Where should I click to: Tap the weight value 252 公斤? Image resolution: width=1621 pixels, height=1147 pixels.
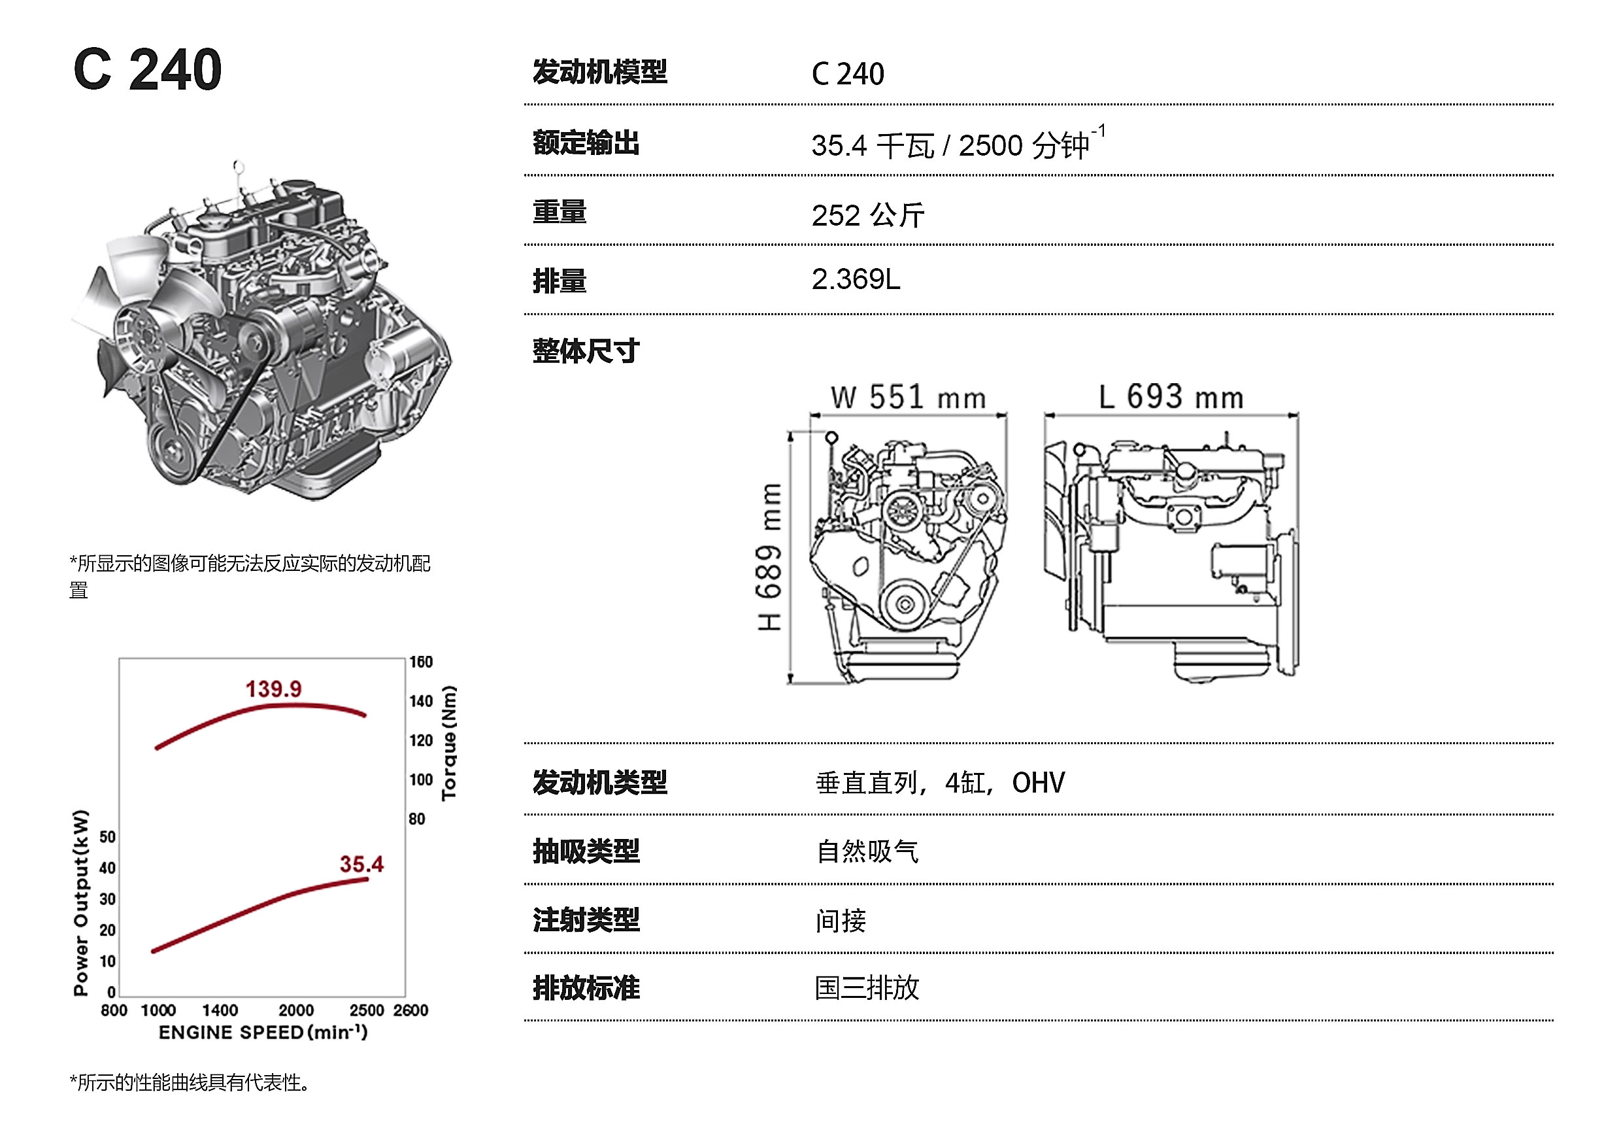[x=867, y=215]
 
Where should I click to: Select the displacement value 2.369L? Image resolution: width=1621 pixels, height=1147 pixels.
[x=855, y=280]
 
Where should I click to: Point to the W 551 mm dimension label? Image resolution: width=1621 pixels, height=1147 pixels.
[x=907, y=398]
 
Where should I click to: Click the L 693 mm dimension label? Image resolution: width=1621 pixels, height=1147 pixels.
[x=1171, y=398]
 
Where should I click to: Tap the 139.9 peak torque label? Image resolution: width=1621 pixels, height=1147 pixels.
[x=273, y=689]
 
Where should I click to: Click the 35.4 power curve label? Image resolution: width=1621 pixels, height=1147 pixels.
[x=361, y=864]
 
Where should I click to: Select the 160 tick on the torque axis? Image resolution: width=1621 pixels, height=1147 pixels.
[x=421, y=662]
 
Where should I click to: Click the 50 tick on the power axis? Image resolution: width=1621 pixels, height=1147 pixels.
[x=107, y=837]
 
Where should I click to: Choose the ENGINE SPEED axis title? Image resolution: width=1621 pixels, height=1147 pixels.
[x=263, y=1033]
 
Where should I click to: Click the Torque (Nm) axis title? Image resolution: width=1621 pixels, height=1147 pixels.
[x=449, y=742]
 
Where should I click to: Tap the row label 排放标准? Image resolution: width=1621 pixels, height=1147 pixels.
[x=586, y=988]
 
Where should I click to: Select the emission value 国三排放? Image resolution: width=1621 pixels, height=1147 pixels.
[x=867, y=988]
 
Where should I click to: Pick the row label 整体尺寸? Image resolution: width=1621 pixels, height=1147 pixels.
[x=586, y=351]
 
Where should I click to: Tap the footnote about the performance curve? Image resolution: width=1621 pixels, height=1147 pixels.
[x=190, y=1083]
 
